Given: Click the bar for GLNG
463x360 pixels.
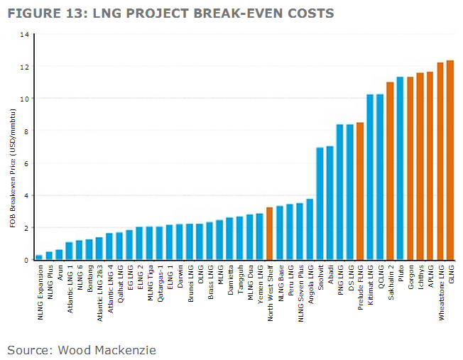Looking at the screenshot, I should pos(450,160).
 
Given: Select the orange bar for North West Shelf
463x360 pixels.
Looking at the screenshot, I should pos(269,234).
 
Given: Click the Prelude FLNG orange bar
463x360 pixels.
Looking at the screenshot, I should pos(360,192).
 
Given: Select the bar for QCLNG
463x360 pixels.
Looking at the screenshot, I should pos(380,177).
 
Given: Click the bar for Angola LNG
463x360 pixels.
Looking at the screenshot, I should pos(310,229).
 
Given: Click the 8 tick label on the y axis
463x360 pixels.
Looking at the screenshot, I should pos(27,131).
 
